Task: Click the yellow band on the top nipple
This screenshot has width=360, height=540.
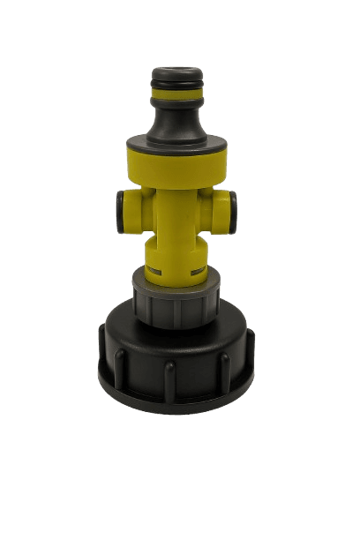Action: coord(179,90)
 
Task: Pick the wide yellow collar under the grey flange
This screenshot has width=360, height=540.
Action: coord(179,162)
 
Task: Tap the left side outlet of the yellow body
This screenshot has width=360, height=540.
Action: coord(128,208)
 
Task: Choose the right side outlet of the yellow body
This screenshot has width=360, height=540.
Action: coord(231,208)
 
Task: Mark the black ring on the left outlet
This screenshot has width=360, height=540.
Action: coord(116,209)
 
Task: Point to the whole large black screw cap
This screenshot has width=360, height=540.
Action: coord(179,349)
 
